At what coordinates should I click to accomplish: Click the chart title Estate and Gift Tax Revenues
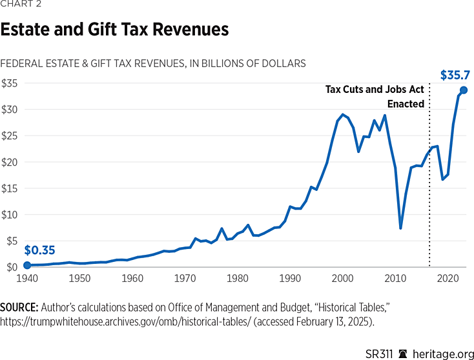click(114, 30)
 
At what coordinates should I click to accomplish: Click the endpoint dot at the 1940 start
click(27, 265)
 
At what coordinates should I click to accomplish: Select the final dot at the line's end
click(464, 90)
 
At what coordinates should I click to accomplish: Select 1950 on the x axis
click(79, 279)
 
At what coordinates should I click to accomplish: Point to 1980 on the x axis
click(238, 279)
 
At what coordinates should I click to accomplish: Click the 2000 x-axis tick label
click(343, 279)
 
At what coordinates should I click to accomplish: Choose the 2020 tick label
click(448, 279)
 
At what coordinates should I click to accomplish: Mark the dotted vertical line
click(429, 194)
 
